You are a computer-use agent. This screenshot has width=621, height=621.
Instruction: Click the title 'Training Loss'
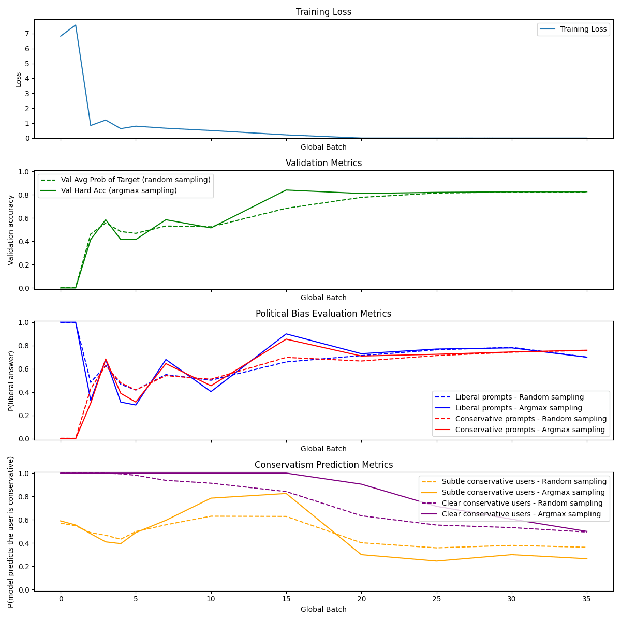coord(323,12)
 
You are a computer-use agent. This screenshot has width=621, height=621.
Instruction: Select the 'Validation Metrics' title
coord(323,163)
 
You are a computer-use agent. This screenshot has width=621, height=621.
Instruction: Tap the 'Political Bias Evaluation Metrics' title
coord(323,314)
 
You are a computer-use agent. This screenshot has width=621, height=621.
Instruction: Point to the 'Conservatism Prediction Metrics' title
coord(323,465)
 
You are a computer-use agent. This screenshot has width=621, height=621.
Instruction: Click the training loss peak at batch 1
coord(76,25)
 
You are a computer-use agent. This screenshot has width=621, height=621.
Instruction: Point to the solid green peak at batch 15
coord(286,190)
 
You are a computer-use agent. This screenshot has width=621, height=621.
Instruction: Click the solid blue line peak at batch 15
coord(286,334)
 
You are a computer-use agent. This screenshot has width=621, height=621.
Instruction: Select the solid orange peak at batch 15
coord(286,493)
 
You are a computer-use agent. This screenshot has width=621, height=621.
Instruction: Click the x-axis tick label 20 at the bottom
coord(361,599)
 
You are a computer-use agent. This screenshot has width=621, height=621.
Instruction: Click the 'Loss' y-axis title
coord(19,79)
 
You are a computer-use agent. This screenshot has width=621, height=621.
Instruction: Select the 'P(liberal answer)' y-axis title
coord(11,381)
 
